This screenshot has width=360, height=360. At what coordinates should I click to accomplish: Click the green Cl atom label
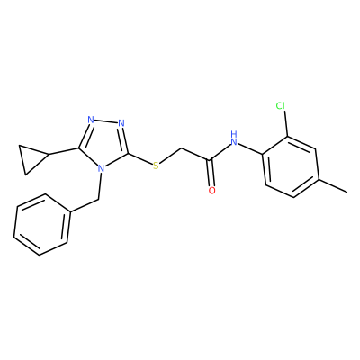[281, 105]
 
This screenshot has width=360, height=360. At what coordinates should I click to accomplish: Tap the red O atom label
[212, 191]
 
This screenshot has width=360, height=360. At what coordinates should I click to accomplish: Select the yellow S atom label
[156, 166]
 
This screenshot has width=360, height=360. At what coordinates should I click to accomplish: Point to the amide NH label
[234, 138]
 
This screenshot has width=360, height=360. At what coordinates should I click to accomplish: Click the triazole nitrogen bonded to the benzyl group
[102, 169]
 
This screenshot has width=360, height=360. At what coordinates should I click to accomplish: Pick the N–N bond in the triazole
[106, 121]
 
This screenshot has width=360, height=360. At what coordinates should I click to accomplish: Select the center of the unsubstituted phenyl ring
[42, 225]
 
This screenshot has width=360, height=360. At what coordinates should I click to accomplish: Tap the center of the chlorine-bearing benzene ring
[290, 166]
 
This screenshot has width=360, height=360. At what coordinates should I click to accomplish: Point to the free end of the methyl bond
[347, 192]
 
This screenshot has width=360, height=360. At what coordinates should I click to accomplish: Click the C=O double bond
[211, 174]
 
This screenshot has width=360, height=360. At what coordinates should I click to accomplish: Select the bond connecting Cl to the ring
[285, 123]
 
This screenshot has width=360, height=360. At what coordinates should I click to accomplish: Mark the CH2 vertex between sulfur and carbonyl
[181, 148]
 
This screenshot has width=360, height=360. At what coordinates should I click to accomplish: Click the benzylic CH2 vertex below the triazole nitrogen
[98, 199]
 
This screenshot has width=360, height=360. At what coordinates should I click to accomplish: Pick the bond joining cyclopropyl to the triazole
[64, 151]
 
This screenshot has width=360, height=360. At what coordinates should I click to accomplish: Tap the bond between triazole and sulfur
[140, 158]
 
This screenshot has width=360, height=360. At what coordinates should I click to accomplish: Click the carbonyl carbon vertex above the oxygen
[211, 159]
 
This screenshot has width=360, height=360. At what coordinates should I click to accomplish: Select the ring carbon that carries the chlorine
[288, 137]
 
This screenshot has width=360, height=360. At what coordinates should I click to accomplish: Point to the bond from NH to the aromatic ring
[250, 149]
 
